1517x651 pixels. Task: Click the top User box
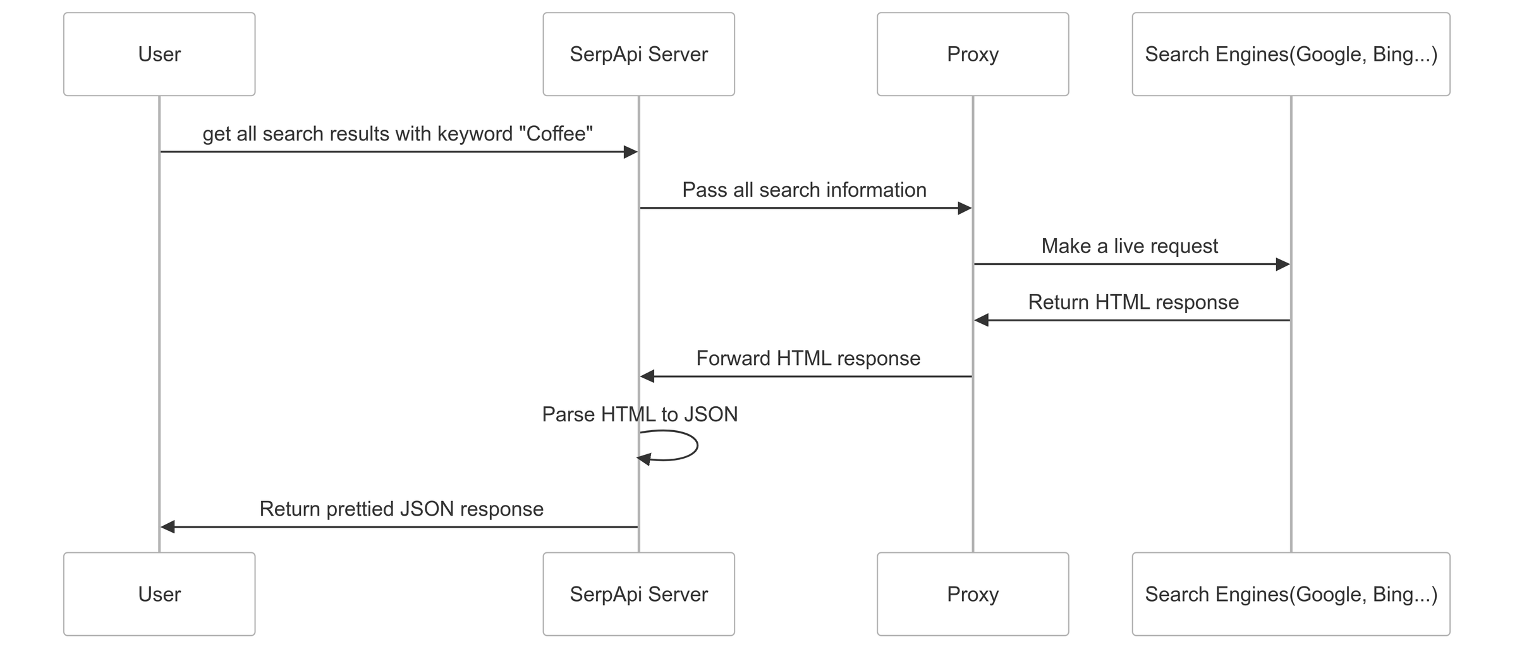(159, 54)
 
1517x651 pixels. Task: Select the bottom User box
(159, 594)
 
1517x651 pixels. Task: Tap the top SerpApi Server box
(638, 54)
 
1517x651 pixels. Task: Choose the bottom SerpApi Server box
(638, 594)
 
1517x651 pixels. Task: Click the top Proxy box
(972, 54)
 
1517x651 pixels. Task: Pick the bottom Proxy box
(972, 594)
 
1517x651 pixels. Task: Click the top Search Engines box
(1291, 54)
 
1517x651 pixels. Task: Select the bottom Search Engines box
(1291, 594)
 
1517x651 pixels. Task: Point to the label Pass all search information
(804, 190)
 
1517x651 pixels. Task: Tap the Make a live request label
(1130, 246)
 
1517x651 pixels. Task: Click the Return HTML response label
(1133, 302)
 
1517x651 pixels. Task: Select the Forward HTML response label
(808, 359)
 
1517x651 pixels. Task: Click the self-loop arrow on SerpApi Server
(695, 445)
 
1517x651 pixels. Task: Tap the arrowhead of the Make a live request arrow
(1282, 264)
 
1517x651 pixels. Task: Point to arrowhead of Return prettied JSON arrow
(168, 527)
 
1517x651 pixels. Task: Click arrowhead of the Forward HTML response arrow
(647, 377)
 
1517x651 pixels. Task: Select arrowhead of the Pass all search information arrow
(965, 208)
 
